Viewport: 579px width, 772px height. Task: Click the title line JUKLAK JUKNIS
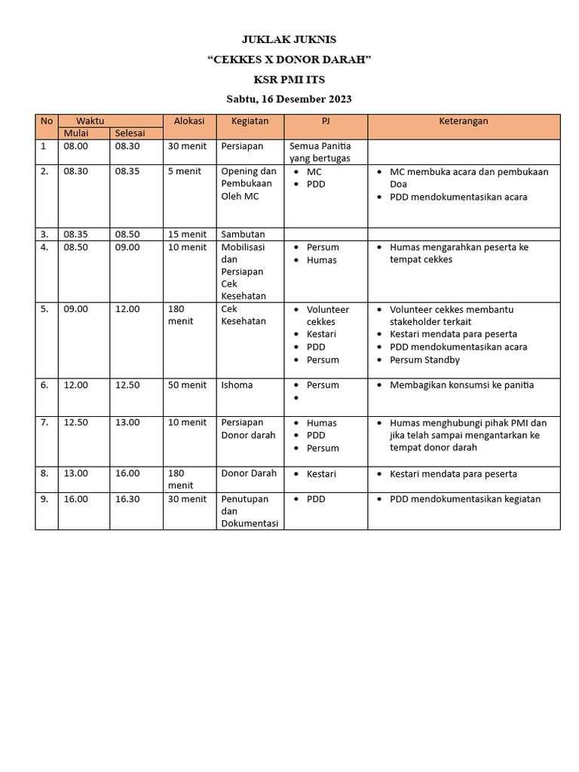coord(289,39)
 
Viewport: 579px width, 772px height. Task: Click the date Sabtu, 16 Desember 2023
coord(289,99)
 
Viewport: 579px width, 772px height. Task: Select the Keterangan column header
coord(464,121)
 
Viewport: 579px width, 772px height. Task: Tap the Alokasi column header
coord(189,121)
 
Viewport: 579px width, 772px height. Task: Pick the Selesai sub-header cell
coord(130,133)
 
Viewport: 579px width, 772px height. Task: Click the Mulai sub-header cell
coord(76,133)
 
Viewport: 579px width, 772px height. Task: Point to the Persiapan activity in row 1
coord(242,146)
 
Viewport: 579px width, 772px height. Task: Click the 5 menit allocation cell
coord(185,171)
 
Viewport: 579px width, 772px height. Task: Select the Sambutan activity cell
coord(243,234)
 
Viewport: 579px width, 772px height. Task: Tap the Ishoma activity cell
coord(237,384)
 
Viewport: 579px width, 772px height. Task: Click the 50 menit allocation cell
coord(187,384)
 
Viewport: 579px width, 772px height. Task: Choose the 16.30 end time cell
coord(127,499)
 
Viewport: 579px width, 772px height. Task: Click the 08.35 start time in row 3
coord(76,234)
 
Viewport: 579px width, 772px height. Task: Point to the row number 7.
coord(44,422)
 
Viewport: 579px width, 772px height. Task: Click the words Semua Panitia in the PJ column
coord(320,146)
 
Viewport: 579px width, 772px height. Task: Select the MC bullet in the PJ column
coord(314,171)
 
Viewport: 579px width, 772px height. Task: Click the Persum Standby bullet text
coord(424,360)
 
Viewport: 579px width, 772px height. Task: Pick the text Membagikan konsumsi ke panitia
coord(461,384)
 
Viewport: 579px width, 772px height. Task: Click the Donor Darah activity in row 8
coord(249,473)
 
